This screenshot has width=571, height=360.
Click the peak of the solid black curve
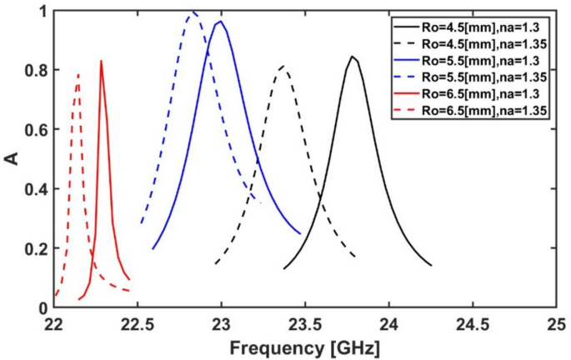[353, 57]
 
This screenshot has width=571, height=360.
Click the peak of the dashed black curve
[283, 66]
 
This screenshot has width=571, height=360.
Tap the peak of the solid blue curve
[220, 22]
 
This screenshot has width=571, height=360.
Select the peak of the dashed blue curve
[193, 12]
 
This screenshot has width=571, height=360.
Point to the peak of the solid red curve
[101, 61]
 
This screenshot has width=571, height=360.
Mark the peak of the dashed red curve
[78, 74]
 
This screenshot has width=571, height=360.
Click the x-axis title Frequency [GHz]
[304, 345]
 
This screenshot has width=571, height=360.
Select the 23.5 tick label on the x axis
[304, 323]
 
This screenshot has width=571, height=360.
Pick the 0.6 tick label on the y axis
[37, 130]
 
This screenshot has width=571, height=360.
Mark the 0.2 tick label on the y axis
[37, 248]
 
